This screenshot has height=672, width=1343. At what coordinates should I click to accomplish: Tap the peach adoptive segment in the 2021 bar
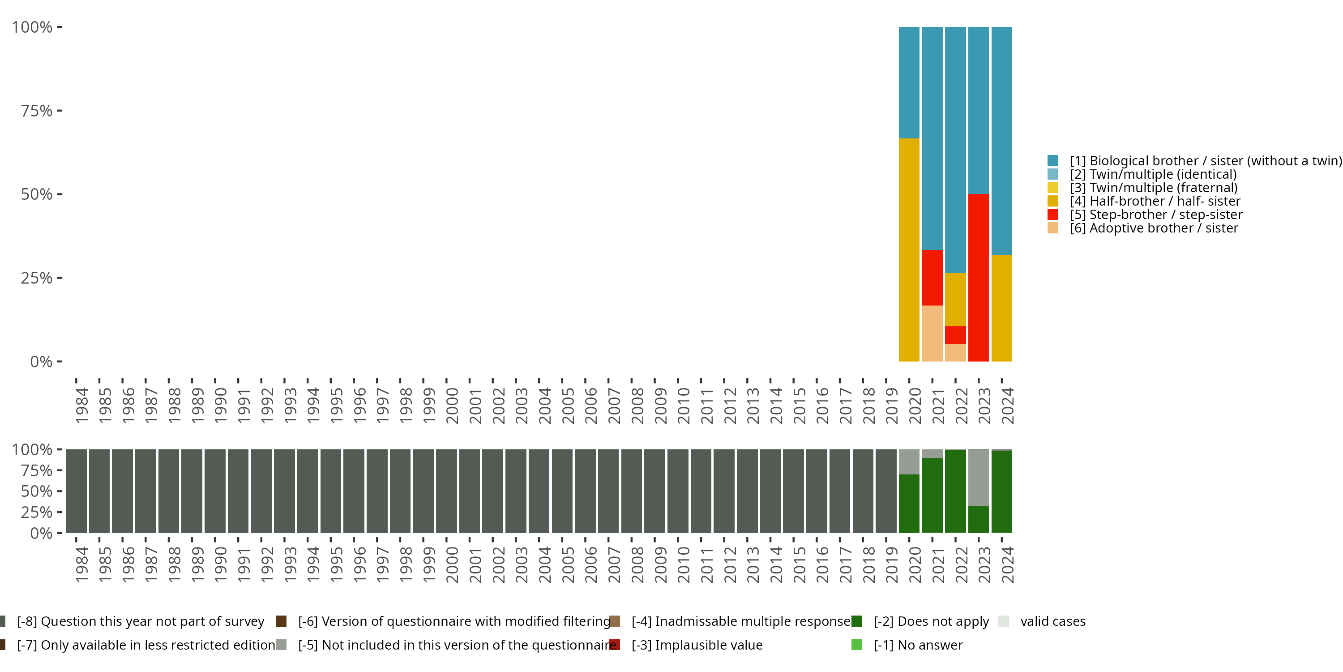[932, 333]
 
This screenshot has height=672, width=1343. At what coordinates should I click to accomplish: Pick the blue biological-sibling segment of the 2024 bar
[1001, 140]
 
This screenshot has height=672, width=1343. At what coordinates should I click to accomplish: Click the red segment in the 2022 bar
[955, 335]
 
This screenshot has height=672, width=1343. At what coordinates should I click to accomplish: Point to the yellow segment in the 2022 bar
[955, 299]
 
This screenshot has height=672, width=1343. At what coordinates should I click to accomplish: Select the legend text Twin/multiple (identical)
[1153, 174]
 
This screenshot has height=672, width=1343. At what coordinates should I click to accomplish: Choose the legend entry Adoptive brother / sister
[1153, 228]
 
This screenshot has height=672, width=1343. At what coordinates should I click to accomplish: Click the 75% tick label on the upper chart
[37, 111]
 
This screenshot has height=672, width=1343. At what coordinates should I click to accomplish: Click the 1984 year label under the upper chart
[82, 405]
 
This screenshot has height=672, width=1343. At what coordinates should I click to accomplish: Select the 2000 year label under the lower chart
[452, 564]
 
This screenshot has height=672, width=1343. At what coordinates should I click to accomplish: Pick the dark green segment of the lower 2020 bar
[909, 504]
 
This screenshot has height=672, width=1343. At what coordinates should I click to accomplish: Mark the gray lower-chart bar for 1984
[76, 491]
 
